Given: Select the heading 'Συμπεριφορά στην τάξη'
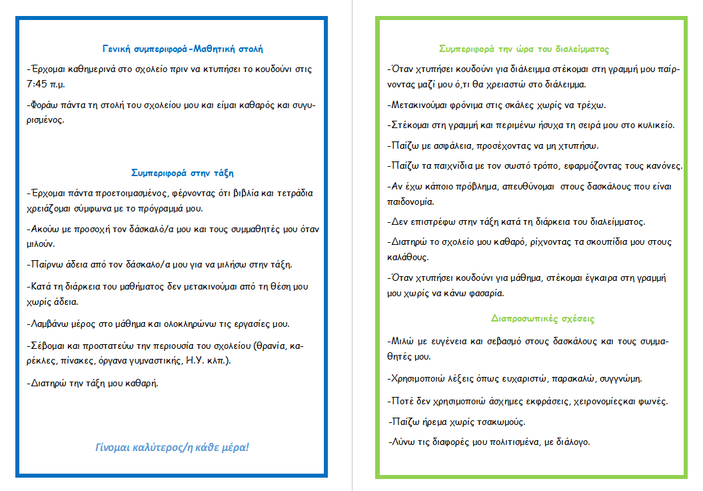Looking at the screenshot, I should tap(183, 173).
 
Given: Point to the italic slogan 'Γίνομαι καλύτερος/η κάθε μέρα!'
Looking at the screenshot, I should tap(173, 446).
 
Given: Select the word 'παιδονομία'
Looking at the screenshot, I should tap(410, 201).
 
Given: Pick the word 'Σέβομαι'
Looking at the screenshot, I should tap(49, 346).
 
